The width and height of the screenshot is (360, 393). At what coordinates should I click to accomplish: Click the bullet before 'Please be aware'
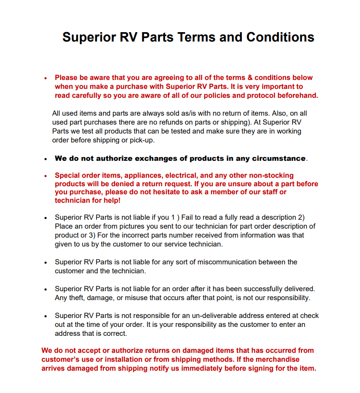point(46,78)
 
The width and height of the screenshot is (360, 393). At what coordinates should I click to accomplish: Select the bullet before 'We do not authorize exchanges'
point(46,159)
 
